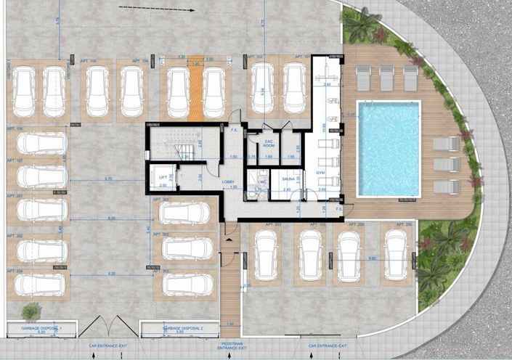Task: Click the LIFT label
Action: pyautogui.click(x=163, y=176)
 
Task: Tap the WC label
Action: pyautogui.click(x=263, y=182)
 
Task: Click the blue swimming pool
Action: pyautogui.click(x=389, y=150)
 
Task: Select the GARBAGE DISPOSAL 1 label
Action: pyautogui.click(x=40, y=328)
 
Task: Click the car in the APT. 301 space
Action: pyautogui.click(x=185, y=213)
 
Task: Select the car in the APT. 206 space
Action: pyautogui.click(x=397, y=255)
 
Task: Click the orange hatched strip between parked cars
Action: pyautogui.click(x=195, y=91)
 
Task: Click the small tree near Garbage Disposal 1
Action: pyautogui.click(x=31, y=312)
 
